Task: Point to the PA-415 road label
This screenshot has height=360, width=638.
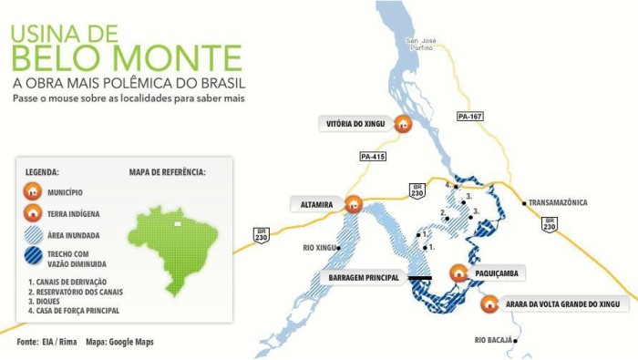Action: click(374, 157)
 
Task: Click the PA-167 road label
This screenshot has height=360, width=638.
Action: click(470, 117)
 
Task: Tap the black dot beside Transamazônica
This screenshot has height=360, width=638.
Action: click(524, 202)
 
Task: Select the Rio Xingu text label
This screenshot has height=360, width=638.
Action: click(318, 247)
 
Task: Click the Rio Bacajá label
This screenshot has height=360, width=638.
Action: click(493, 341)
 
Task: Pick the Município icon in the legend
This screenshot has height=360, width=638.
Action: click(33, 192)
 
